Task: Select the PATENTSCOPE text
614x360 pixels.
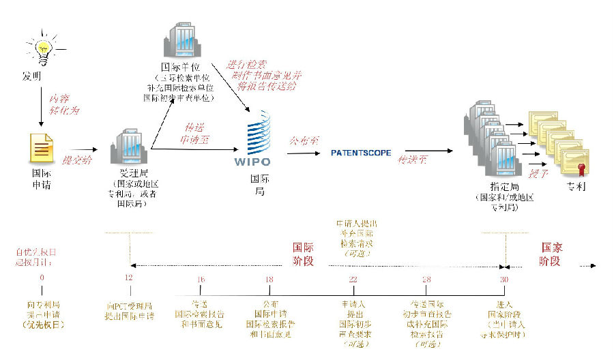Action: click(361, 153)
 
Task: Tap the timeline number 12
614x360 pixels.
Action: click(129, 278)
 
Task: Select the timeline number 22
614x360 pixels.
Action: click(353, 279)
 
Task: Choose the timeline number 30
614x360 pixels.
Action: click(504, 279)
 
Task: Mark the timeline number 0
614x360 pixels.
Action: click(42, 277)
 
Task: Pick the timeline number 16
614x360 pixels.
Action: click(200, 279)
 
